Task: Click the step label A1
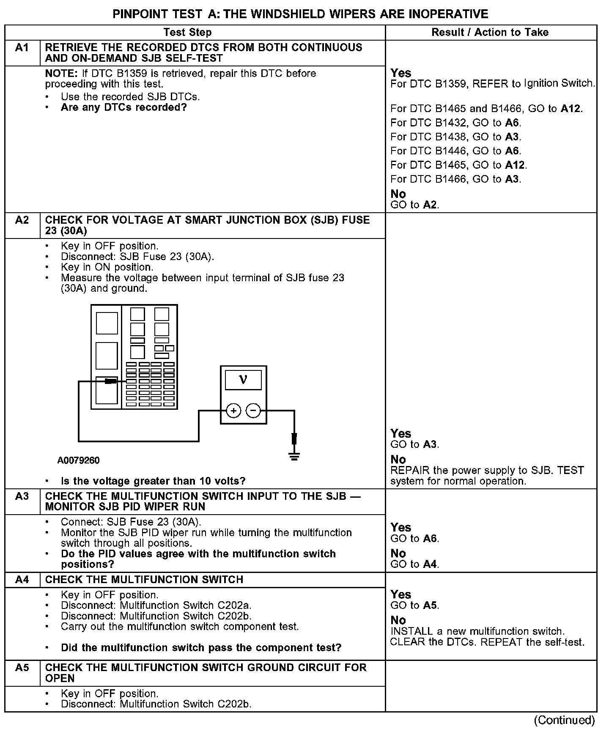point(22,48)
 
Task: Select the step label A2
point(22,220)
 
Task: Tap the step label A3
point(22,496)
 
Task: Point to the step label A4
point(22,579)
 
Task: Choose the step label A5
point(22,667)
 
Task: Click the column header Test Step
point(187,33)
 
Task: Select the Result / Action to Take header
point(490,33)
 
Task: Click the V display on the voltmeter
point(243,379)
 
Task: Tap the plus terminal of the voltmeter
point(233,411)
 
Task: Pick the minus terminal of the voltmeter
point(253,411)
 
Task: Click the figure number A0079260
point(79,460)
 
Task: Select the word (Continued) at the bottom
point(564,720)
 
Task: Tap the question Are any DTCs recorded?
point(123,107)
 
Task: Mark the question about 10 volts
point(153,481)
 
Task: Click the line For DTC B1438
point(455,137)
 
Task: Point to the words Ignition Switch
point(559,83)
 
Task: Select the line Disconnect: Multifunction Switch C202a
point(156,606)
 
